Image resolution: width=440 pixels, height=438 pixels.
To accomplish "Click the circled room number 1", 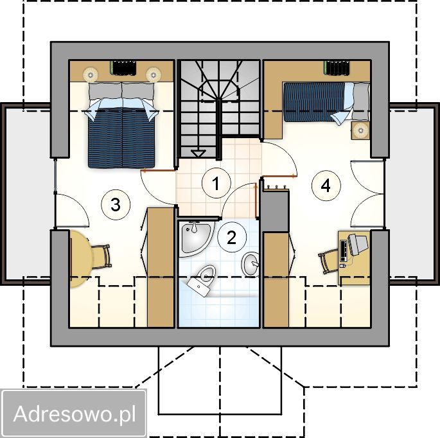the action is coord(216,183).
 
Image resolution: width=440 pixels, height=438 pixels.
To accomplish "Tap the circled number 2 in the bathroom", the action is coord(232,238).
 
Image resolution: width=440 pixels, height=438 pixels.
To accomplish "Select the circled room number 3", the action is coord(116,204).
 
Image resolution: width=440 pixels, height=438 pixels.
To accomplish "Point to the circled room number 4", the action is coord(326,186).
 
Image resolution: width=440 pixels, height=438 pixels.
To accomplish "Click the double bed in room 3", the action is coord(121,125).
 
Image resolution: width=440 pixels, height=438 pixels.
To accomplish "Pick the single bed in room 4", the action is coord(326,102).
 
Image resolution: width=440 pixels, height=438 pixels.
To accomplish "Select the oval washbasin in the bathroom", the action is coord(251,265).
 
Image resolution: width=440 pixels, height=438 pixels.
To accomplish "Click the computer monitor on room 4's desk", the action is coord(358,245).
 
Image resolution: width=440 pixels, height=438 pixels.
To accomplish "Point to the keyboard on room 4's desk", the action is coord(344,250).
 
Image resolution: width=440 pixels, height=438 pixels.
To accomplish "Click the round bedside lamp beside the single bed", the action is coord(360,130).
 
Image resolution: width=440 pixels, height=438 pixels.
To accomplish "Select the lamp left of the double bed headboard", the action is coord(91,74).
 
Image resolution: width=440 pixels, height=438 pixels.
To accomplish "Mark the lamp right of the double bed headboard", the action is coord(154,74).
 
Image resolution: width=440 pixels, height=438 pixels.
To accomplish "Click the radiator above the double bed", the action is coord(123,67).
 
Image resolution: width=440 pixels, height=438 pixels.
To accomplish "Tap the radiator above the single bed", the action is coord(337,67).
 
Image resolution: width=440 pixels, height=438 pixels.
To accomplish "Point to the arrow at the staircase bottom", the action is coord(198,153).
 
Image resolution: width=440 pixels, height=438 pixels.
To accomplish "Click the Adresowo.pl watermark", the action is coord(75,414).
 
